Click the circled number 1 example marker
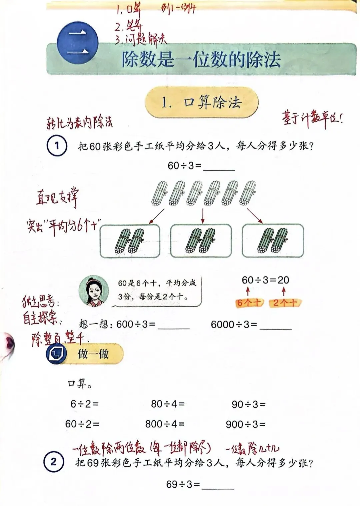[57, 146]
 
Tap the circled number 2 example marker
[53, 462]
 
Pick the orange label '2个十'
[285, 303]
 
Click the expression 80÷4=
[168, 404]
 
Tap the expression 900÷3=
[246, 424]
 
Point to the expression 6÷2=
[84, 404]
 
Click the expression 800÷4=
[165, 424]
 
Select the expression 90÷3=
[249, 404]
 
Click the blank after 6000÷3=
[276, 325]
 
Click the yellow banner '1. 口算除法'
[202, 102]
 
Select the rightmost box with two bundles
[273, 241]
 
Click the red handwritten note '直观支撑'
[57, 197]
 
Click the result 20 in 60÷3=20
[283, 280]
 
